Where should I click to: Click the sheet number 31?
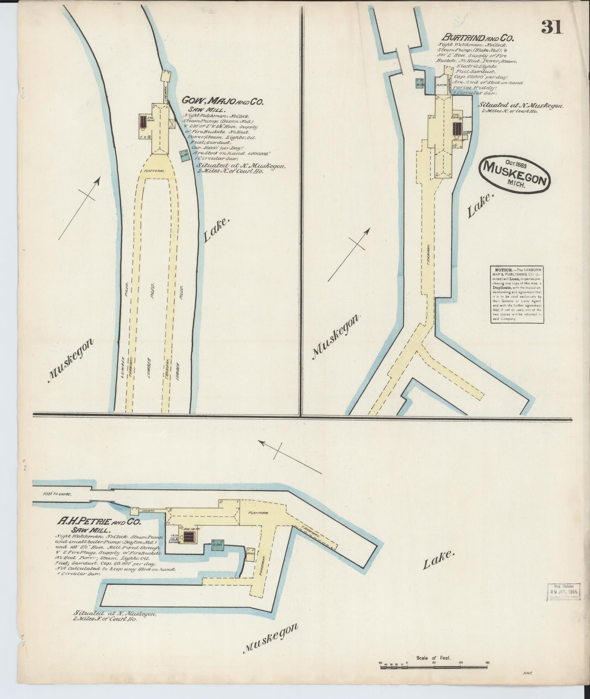tap(552, 27)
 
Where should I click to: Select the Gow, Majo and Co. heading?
tap(223, 101)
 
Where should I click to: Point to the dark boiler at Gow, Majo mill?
tap(142, 121)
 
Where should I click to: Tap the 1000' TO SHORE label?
tap(57, 494)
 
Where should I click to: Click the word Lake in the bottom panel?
tap(438, 560)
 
